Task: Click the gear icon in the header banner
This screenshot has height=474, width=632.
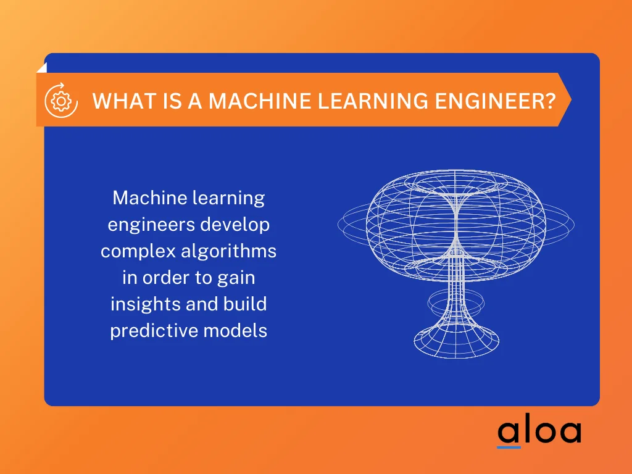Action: [61, 100]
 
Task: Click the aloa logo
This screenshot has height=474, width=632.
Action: [539, 431]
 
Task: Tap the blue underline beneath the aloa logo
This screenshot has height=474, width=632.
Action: [509, 446]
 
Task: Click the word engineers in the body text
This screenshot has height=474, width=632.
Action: [151, 225]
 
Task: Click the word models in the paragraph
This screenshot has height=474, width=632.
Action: [237, 331]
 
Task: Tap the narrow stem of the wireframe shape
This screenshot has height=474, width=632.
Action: [456, 272]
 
